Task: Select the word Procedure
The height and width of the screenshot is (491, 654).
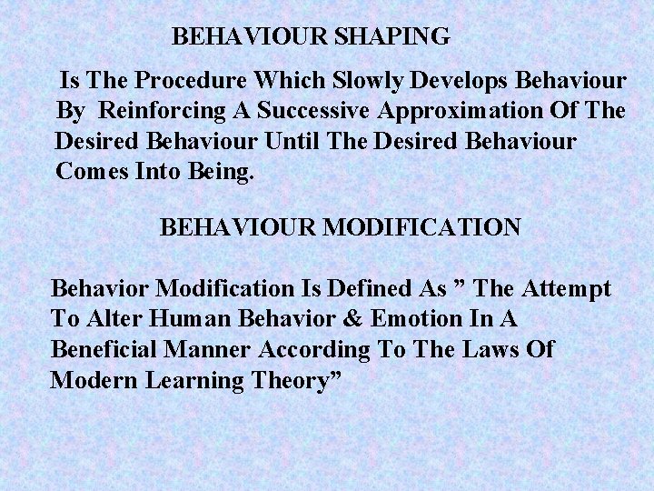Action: (x=199, y=79)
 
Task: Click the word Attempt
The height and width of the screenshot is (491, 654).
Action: (x=567, y=289)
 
